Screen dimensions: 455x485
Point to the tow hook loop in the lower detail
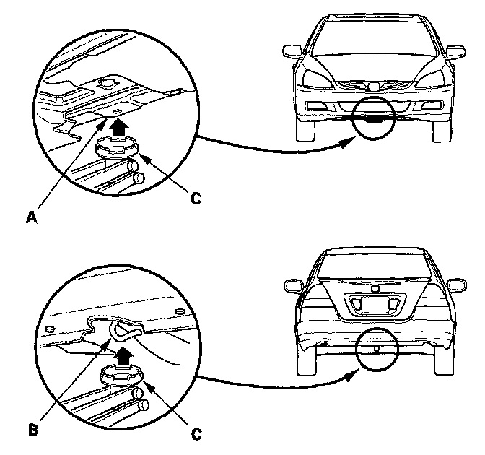coord(120,333)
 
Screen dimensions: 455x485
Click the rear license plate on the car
coord(373,303)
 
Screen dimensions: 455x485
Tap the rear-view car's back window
coord(373,265)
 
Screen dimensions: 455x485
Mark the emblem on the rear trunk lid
coord(374,287)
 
